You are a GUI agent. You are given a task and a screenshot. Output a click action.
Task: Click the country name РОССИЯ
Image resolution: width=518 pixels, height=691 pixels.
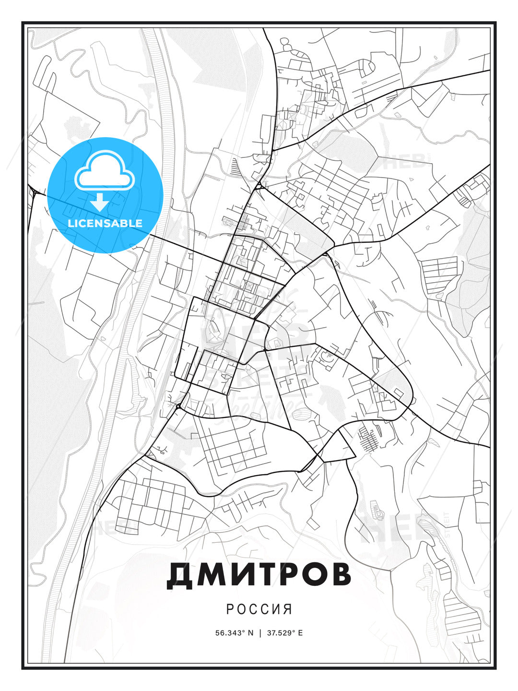click(x=259, y=609)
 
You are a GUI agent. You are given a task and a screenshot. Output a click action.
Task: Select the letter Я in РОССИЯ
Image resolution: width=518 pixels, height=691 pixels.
click(x=288, y=609)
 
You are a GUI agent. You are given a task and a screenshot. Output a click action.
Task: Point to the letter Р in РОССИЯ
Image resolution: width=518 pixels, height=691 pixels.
click(x=230, y=609)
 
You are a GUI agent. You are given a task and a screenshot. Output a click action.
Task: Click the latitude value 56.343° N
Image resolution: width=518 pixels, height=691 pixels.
click(x=234, y=633)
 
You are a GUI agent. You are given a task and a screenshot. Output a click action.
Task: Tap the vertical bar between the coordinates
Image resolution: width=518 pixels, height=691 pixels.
click(x=260, y=633)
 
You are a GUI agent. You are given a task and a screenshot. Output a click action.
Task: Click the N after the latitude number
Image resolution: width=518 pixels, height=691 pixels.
click(x=250, y=633)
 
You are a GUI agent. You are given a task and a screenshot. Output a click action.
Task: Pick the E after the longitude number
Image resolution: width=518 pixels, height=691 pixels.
click(x=300, y=633)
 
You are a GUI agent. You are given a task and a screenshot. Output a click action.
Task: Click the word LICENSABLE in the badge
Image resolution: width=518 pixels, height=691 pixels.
click(x=105, y=223)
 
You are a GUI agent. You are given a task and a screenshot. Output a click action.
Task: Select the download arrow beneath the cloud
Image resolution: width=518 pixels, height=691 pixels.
click(x=99, y=202)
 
